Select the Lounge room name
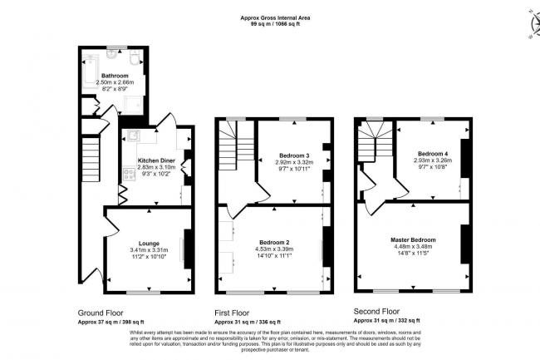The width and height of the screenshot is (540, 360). pos(149,244)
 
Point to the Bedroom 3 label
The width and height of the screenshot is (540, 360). pos(294,155)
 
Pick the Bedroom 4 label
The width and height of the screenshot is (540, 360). pos(434,153)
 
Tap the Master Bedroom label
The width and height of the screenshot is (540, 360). pos(425,240)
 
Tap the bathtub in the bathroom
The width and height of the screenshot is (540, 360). pos(91,64)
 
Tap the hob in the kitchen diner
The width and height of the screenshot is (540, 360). pos(130,175)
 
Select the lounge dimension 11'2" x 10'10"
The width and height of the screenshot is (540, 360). pos(149,257)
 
